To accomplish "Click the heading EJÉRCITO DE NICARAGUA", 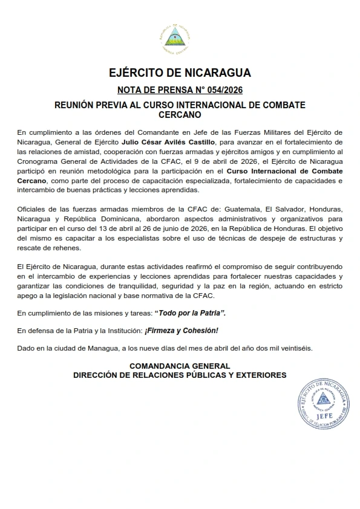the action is pyautogui.click(x=180, y=74).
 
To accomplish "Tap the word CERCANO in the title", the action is pyautogui.click(x=180, y=114).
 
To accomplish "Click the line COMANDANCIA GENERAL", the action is pyautogui.click(x=180, y=366).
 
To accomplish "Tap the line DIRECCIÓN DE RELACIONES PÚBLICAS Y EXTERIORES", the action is pyautogui.click(x=180, y=375).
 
